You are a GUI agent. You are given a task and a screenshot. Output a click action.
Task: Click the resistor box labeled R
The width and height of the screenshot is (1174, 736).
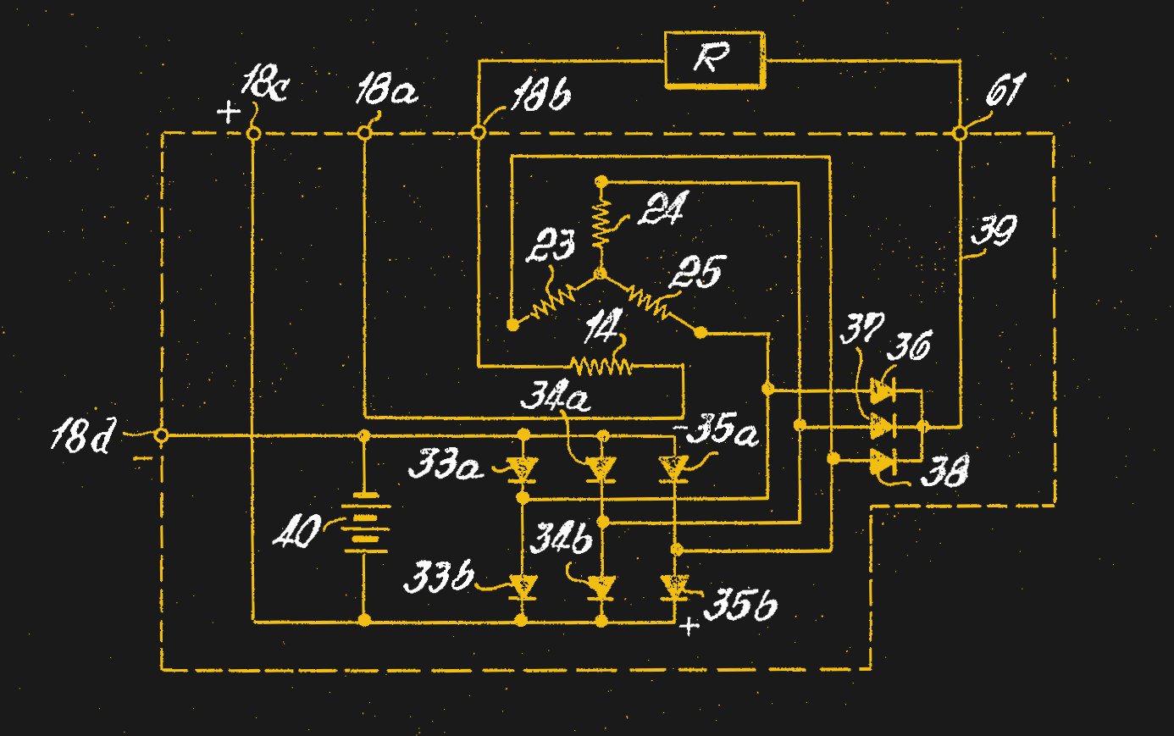(x=714, y=60)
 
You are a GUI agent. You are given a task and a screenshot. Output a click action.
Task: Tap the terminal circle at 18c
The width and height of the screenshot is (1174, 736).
(x=252, y=134)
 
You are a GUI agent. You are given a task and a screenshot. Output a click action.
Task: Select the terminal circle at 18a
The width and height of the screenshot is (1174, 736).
(x=364, y=133)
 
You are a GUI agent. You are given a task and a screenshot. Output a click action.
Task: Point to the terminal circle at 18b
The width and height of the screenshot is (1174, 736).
(x=478, y=133)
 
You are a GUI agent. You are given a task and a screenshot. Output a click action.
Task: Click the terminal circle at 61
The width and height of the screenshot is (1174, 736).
(x=959, y=133)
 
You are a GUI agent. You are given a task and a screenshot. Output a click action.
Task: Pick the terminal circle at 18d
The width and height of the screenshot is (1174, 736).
(x=161, y=435)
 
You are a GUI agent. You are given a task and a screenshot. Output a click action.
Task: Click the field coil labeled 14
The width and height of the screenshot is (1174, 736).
(x=601, y=366)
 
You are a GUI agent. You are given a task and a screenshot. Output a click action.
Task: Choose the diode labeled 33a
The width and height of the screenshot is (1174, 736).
(x=522, y=468)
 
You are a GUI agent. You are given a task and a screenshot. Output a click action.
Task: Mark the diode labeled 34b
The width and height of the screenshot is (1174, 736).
(x=601, y=586)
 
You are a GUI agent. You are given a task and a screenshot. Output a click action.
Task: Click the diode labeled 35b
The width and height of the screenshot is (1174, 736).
(x=674, y=586)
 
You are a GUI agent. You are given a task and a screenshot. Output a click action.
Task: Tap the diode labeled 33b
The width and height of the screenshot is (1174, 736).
(x=522, y=586)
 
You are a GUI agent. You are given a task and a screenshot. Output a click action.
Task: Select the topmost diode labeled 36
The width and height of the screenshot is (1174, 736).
(x=883, y=391)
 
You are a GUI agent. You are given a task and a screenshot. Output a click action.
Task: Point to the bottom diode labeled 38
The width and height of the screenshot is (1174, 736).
(x=883, y=462)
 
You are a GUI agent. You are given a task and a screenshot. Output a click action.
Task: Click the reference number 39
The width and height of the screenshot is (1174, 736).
(x=993, y=230)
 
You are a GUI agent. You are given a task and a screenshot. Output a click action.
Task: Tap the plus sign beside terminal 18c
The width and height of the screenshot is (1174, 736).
(x=228, y=112)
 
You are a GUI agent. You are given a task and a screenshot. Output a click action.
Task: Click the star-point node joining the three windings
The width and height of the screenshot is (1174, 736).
(x=601, y=274)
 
